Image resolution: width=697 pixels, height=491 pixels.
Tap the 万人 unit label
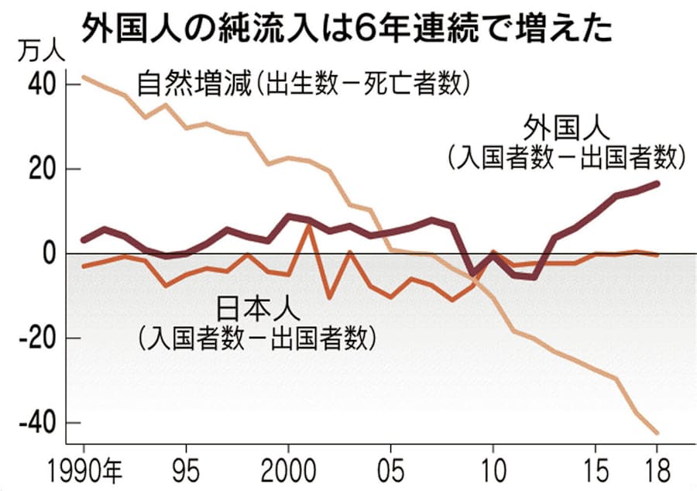36,55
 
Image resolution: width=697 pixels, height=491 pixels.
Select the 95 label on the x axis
186,470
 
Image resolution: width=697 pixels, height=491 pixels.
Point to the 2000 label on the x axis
288,470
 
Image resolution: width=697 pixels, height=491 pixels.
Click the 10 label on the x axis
493,470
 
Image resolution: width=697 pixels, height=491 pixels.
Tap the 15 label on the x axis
596,470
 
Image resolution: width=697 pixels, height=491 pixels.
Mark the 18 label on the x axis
657,470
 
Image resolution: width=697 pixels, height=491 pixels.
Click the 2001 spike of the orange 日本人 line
309,225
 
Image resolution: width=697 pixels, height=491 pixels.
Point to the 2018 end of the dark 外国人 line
657,184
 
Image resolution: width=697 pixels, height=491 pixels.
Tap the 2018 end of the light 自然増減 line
657,432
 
